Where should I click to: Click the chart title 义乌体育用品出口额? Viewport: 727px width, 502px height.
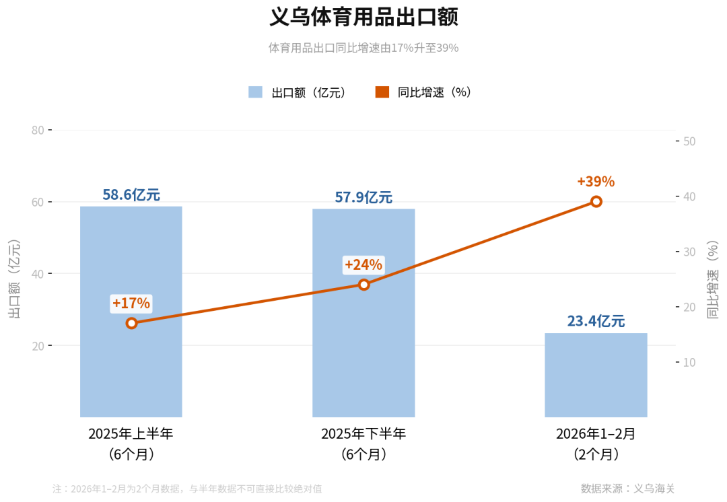click(363, 17)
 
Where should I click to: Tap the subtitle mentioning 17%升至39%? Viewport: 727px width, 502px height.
click(363, 48)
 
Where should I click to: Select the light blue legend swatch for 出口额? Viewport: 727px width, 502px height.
click(255, 92)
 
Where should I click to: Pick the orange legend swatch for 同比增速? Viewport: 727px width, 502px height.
click(382, 92)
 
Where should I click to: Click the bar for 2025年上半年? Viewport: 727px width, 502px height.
click(131, 312)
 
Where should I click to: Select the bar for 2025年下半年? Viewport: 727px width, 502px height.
click(363, 313)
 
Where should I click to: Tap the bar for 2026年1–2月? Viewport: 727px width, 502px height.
click(596, 375)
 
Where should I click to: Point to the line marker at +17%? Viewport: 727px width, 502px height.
click(131, 323)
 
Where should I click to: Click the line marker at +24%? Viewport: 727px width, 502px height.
click(364, 285)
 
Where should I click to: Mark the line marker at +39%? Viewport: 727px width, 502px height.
click(596, 202)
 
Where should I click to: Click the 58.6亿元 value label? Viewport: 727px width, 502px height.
click(131, 194)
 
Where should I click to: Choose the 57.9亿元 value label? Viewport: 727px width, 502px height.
click(363, 197)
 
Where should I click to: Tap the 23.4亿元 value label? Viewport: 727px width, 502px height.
click(596, 321)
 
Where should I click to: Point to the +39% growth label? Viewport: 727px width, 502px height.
click(596, 181)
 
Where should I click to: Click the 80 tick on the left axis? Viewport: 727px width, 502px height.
click(38, 131)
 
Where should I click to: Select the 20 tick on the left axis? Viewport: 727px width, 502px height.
click(38, 346)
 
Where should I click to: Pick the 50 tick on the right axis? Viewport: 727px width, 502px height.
click(689, 141)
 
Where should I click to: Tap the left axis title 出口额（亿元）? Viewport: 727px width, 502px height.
click(14, 279)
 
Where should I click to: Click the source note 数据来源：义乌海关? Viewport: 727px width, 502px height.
click(627, 489)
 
